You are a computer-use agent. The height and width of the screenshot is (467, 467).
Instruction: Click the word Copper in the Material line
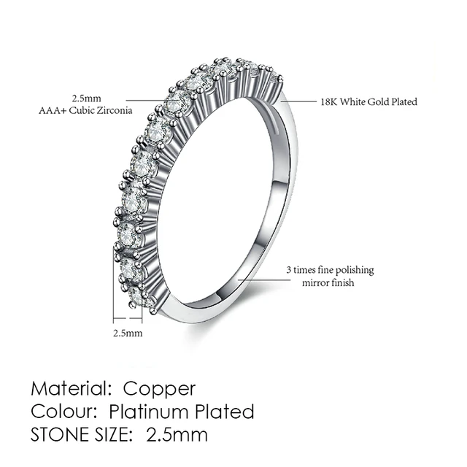159,387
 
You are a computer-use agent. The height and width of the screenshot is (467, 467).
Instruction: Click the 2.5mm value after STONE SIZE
177,436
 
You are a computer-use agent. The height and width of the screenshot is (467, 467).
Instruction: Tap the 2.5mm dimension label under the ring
128,333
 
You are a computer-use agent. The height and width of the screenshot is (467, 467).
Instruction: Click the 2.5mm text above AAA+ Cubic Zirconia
85,98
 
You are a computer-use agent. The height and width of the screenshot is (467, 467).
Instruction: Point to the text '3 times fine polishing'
329,270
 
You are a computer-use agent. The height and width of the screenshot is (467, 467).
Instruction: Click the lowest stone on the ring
136,295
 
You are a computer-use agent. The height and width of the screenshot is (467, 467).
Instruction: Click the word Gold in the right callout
377,102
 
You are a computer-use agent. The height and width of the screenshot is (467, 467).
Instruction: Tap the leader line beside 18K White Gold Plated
299,102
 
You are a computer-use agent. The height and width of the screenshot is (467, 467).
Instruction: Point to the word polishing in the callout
354,270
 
